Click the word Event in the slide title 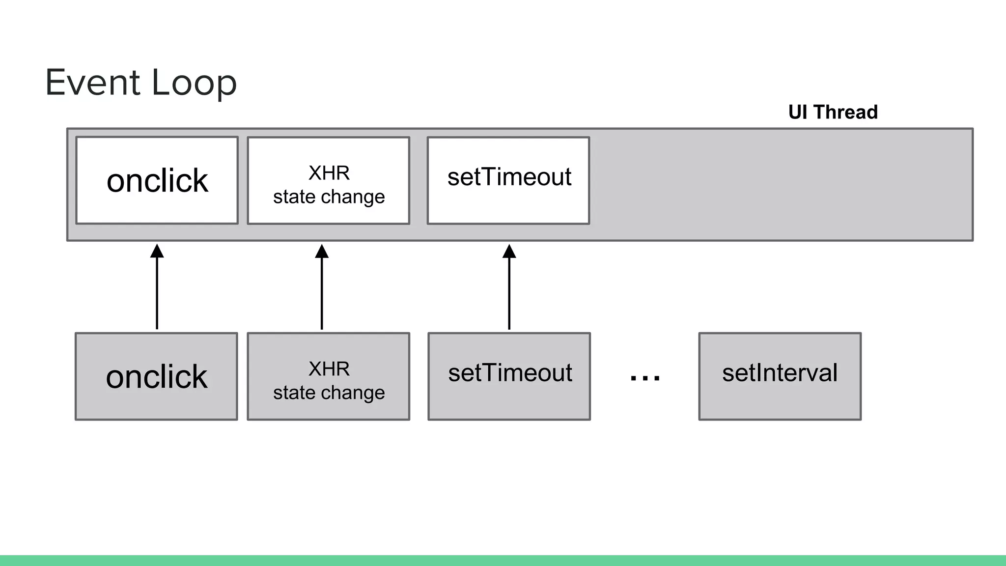(93, 82)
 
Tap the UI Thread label (833, 112)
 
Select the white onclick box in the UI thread (157, 180)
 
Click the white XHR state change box (329, 180)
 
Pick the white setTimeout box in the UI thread (508, 180)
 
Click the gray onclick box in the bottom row (156, 376)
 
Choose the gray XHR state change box (329, 376)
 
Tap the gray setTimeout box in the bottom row (509, 376)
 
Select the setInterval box (780, 376)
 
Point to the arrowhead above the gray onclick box (157, 251)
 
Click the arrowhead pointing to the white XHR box (322, 251)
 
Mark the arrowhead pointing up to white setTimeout (509, 251)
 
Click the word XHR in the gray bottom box (329, 368)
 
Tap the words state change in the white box (329, 197)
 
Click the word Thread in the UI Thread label (846, 112)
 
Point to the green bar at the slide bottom (503, 561)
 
